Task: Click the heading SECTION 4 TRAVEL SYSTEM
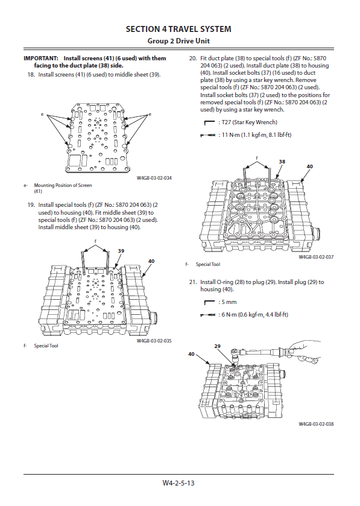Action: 178,29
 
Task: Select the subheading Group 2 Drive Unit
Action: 178,41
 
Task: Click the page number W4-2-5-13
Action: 178,482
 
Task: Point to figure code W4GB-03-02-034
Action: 154,178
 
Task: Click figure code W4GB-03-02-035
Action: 154,341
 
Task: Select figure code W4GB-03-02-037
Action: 316,257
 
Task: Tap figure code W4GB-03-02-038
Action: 316,424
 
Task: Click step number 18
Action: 31,75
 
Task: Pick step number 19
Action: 31,205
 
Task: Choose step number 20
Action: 193,59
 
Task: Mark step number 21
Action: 193,282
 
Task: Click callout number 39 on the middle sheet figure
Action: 121,251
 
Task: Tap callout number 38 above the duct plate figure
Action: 282,162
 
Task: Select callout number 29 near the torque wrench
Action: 218,346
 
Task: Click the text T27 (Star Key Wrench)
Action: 250,122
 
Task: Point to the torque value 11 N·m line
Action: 256,135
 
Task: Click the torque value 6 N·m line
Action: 255,314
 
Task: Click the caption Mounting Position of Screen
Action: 63,185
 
